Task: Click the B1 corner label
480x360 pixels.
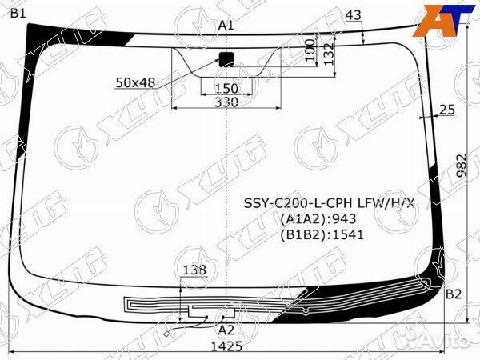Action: point(18,12)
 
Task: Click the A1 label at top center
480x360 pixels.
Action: point(226,26)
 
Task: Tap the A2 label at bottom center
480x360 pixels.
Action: point(226,329)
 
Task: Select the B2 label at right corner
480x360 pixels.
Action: point(454,294)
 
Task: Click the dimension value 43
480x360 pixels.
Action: point(354,15)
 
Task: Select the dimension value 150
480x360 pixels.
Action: point(227,88)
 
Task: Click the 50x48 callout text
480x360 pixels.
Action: point(135,82)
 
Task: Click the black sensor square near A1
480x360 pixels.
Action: point(226,57)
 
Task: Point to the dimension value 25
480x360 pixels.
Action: point(447,110)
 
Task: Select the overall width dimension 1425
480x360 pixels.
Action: point(227,347)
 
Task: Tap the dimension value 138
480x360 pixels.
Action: point(194,270)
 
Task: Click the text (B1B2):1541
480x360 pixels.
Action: point(321,234)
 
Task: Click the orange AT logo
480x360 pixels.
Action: point(445,18)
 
